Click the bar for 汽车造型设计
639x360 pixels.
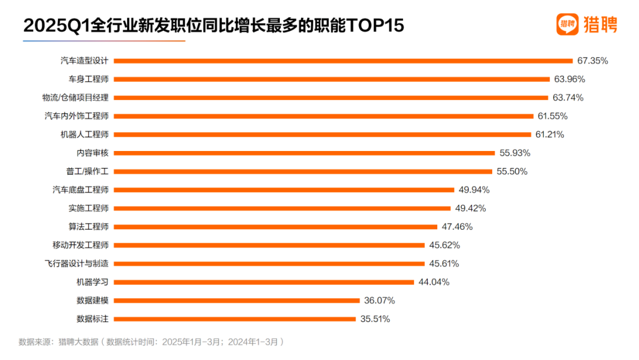[343, 60]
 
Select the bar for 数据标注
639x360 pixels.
[235, 319]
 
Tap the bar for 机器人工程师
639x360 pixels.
[322, 134]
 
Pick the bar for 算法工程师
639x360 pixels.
[275, 227]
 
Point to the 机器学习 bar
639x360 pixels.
[263, 282]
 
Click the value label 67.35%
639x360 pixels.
[593, 60]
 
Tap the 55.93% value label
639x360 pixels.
[515, 153]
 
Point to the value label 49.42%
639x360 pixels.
[470, 208]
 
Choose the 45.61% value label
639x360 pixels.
[444, 263]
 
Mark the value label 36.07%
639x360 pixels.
[379, 300]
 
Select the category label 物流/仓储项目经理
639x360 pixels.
[76, 97]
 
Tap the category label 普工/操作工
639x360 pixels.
[88, 171]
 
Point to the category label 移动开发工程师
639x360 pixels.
[81, 245]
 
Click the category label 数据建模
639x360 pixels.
[92, 300]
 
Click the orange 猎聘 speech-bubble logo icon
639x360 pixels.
[567, 24]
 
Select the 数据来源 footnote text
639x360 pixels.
[151, 342]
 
